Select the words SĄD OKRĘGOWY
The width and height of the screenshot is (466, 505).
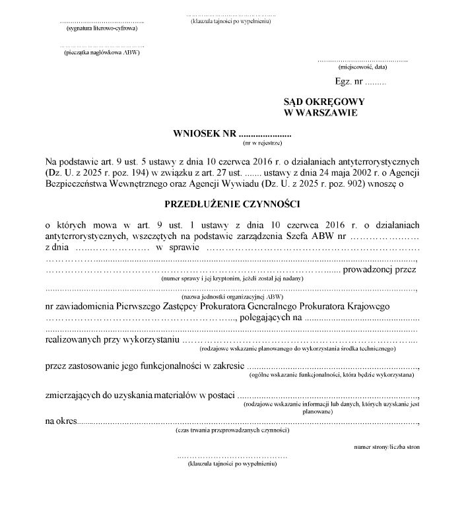point(319,102)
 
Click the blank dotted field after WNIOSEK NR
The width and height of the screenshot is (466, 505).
point(264,133)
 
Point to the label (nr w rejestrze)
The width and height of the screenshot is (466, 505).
point(263,143)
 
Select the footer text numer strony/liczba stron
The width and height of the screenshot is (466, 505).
point(387,447)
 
